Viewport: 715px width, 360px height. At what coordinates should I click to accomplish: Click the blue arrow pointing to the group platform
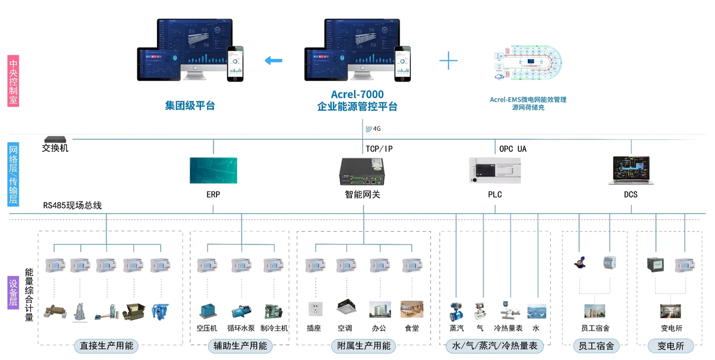pos(274,60)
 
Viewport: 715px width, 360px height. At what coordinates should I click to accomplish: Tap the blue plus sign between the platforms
pos(448,60)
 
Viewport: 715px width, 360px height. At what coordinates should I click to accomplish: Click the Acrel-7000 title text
pos(357,94)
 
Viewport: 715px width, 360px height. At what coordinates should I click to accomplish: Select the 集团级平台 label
pos(190,106)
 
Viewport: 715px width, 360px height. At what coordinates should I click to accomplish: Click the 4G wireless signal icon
pos(368,128)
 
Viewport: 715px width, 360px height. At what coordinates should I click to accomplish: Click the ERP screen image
pos(213,170)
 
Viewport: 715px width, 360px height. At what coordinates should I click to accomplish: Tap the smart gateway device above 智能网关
pos(362,172)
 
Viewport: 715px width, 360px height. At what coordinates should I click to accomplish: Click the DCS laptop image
pos(630,170)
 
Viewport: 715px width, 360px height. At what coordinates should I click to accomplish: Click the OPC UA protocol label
pos(512,149)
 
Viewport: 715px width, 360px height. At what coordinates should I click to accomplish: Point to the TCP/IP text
pos(379,149)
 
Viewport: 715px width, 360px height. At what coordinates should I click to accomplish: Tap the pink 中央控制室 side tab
pos(13,81)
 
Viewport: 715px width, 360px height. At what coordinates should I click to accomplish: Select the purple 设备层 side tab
pos(13,293)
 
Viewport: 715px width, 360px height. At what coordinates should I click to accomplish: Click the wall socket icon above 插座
pos(313,309)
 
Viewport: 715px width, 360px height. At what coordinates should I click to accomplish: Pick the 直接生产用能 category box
pos(106,346)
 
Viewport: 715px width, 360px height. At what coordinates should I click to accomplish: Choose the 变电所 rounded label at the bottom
pos(670,346)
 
